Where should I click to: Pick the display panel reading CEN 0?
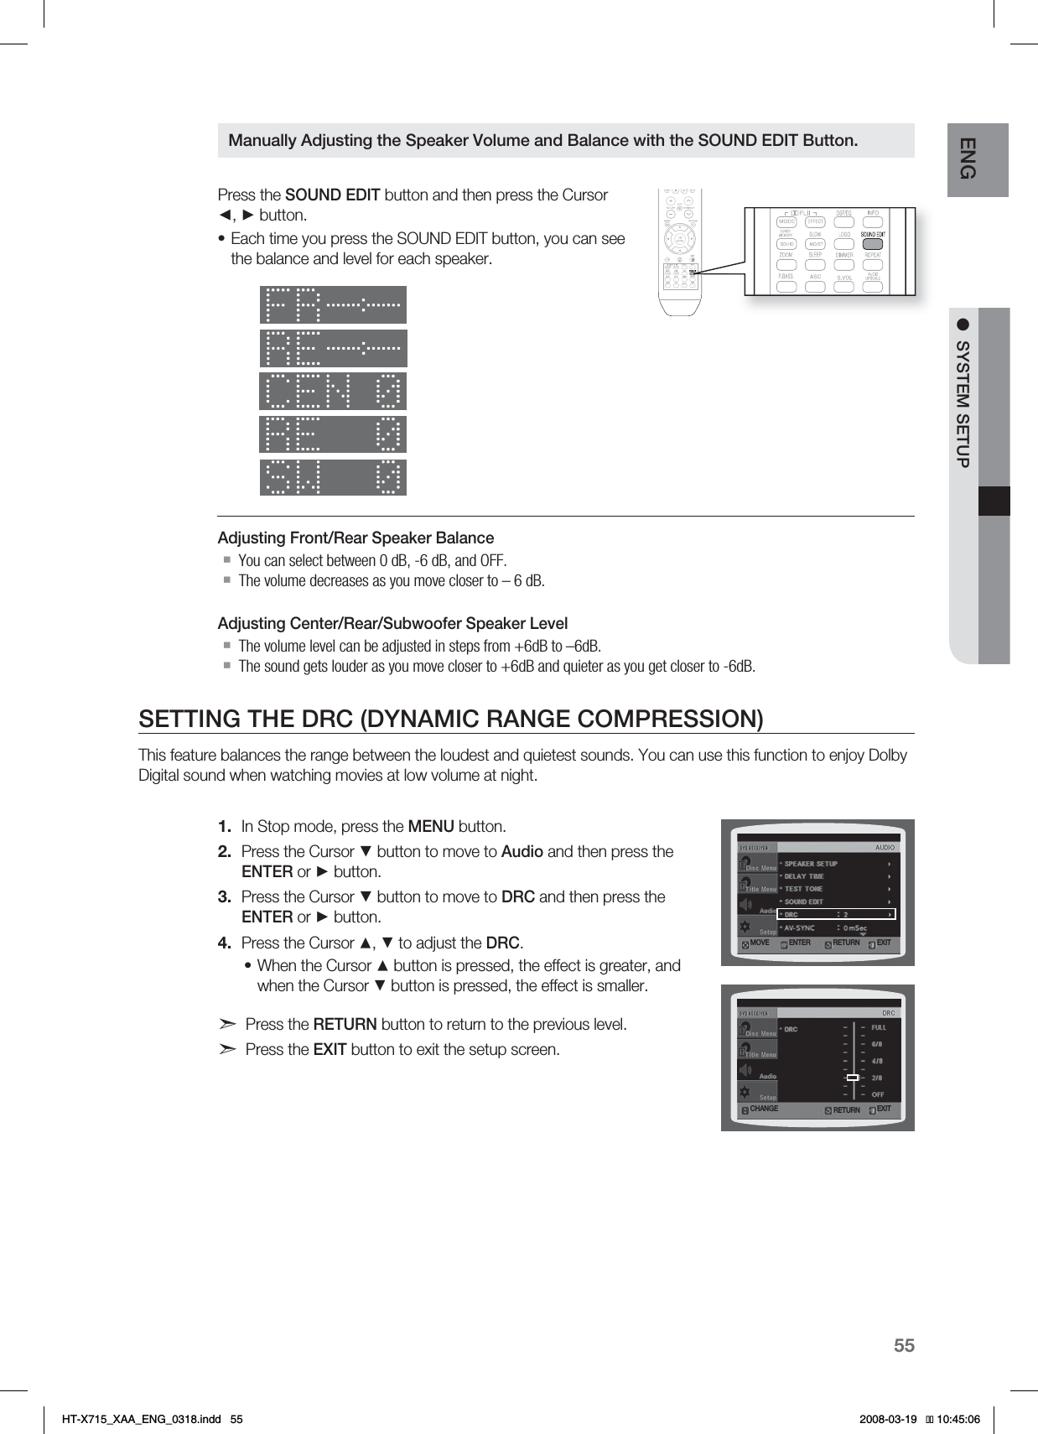[x=333, y=391]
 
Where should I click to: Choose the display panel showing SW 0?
[x=333, y=477]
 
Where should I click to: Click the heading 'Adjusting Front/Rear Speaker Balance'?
[x=356, y=538]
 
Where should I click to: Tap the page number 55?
[x=904, y=1346]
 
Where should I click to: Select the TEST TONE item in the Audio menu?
[x=803, y=889]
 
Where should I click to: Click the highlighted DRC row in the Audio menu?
[x=836, y=914]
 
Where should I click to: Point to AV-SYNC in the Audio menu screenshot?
[x=800, y=928]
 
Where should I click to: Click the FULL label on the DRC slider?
[x=879, y=1027]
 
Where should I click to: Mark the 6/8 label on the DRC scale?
[x=877, y=1044]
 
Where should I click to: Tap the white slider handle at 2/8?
[x=852, y=1078]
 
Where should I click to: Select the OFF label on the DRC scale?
[x=878, y=1094]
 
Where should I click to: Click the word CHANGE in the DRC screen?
[x=764, y=1109]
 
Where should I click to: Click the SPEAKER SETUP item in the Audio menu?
[x=811, y=864]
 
